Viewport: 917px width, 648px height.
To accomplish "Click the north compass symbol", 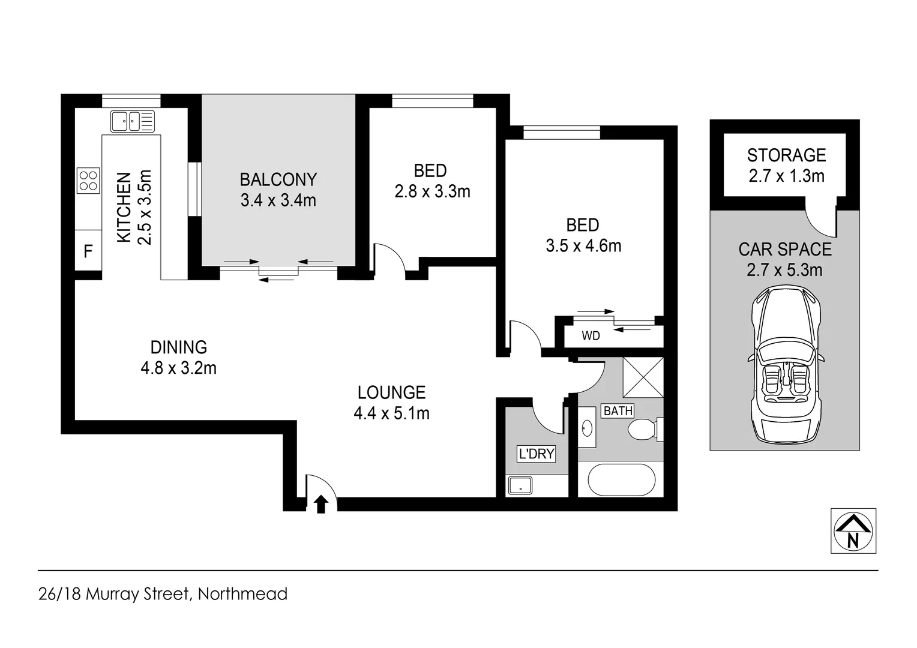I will tap(853, 530).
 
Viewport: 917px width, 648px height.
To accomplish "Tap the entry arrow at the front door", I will tap(321, 504).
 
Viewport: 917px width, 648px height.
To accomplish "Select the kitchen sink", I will tap(133, 121).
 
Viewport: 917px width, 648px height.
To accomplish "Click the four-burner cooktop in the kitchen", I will tap(88, 180).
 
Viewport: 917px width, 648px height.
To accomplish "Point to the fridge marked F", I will tap(88, 251).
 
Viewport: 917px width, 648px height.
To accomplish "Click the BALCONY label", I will tap(278, 179).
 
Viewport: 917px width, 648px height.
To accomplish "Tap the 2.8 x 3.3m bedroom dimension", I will tap(432, 191).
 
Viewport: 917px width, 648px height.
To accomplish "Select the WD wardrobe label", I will tap(591, 336).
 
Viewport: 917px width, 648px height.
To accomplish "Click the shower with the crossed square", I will tap(643, 377).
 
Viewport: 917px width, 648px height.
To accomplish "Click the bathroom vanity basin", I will tap(587, 428).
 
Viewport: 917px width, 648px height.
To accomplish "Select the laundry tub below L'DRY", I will tap(520, 485).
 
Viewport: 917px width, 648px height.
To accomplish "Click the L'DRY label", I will tap(536, 454).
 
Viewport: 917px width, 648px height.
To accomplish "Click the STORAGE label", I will tap(786, 155).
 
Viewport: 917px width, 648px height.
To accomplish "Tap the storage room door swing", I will tap(821, 221).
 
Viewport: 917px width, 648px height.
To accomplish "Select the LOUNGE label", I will tap(391, 392).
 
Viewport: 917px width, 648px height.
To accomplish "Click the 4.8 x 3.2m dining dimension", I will tap(178, 368).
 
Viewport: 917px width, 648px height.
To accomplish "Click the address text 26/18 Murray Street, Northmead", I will tap(163, 594).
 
